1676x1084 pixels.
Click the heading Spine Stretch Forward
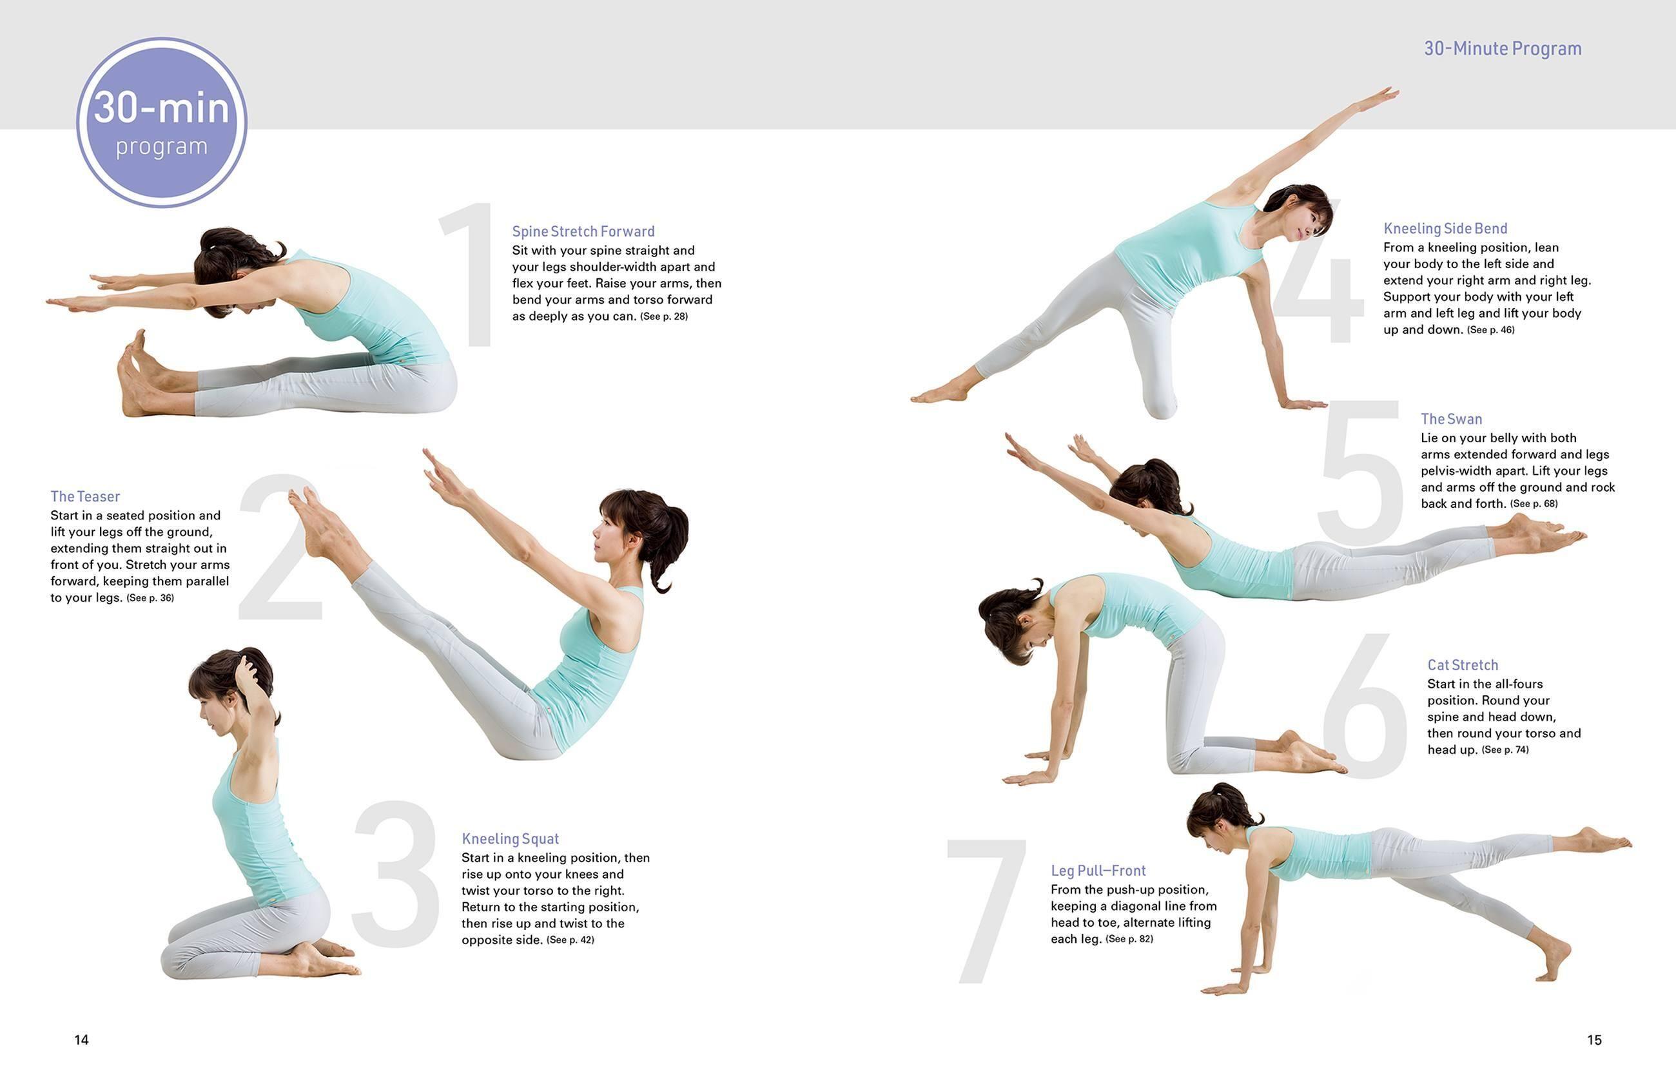tap(583, 231)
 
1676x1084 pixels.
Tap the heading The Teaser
tap(85, 497)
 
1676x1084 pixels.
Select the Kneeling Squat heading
tap(511, 839)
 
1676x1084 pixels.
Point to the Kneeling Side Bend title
tap(1445, 229)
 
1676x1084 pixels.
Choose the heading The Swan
tap(1451, 420)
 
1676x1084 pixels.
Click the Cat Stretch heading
tap(1462, 665)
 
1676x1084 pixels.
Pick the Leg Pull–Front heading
tap(1098, 871)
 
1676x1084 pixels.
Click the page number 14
tap(82, 1040)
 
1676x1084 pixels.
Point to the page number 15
tap(1594, 1040)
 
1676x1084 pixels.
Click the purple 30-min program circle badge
tap(162, 123)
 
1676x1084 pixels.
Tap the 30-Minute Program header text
tap(1502, 48)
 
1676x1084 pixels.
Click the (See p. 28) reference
tap(664, 316)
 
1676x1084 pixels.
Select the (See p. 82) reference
tap(1129, 939)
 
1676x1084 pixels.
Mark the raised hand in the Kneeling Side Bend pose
tap(1379, 97)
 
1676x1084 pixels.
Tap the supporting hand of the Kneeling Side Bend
tap(1302, 404)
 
